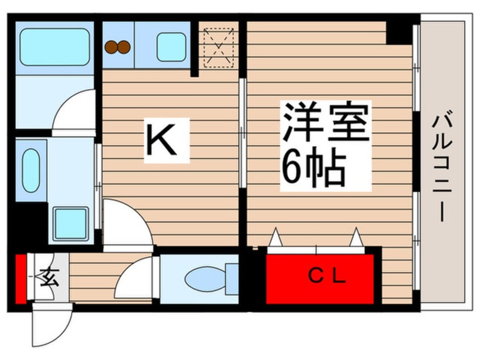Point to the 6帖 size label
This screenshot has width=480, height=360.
coord(314,169)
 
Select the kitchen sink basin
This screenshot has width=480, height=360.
coord(171,47)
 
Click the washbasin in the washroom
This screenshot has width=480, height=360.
coord(31,170)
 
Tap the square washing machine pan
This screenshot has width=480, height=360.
coord(71,223)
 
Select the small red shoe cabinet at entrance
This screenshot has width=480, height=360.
coord(21,279)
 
